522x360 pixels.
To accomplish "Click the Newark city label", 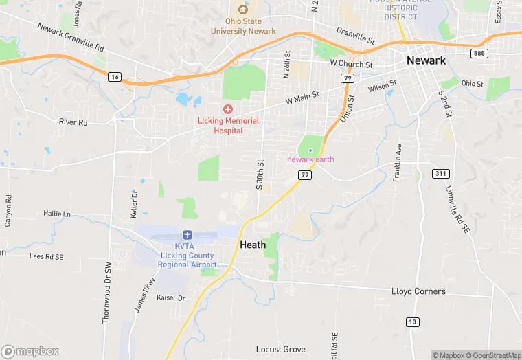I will click(426, 60).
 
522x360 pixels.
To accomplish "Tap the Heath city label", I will click(253, 245).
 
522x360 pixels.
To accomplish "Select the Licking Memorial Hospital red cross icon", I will click(228, 109).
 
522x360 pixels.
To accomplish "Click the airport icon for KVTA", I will click(188, 236).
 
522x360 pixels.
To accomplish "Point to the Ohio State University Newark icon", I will click(242, 10).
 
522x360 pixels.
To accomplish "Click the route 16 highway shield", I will click(115, 77).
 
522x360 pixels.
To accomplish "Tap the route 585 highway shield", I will click(479, 53).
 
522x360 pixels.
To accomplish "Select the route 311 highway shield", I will click(441, 173).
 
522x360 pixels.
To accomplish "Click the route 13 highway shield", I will click(412, 322).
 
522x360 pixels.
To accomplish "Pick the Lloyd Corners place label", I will click(418, 291).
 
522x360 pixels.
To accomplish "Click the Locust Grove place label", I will click(281, 350).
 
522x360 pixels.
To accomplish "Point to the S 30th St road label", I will click(260, 175).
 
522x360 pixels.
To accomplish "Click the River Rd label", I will click(73, 122).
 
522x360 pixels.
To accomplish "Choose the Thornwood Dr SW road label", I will click(106, 292).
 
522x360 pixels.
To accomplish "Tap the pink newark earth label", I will click(310, 159).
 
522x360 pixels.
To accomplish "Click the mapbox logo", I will click(30, 351).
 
